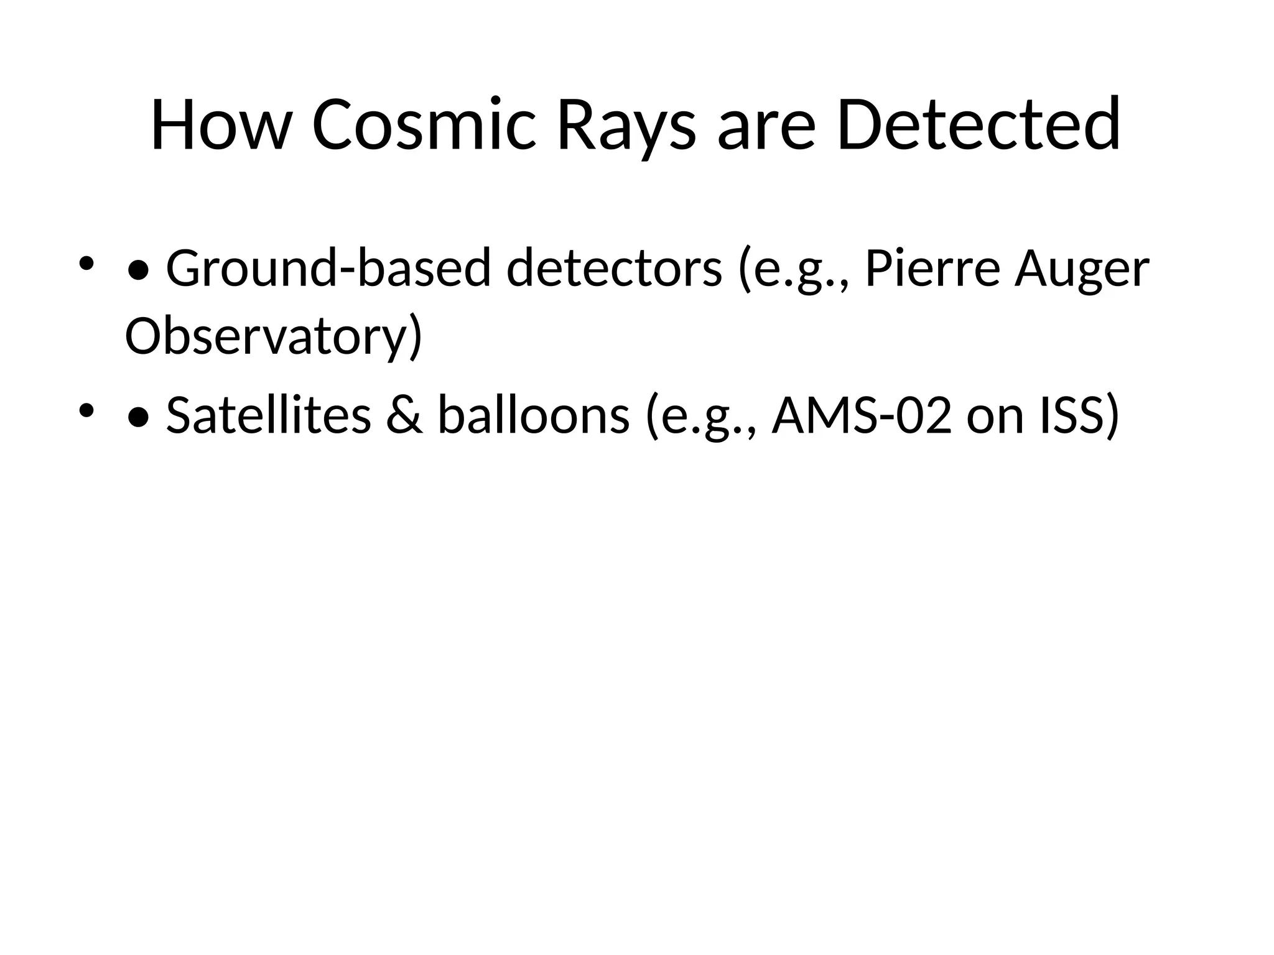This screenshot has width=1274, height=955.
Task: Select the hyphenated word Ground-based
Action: click(x=328, y=269)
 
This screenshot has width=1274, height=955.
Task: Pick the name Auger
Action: click(x=1082, y=269)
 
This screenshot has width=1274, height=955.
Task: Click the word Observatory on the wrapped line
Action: click(x=272, y=336)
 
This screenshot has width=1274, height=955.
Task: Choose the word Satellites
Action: click(x=268, y=415)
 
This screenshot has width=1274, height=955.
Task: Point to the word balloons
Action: click(x=534, y=415)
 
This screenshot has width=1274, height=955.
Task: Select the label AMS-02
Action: click(x=862, y=415)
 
